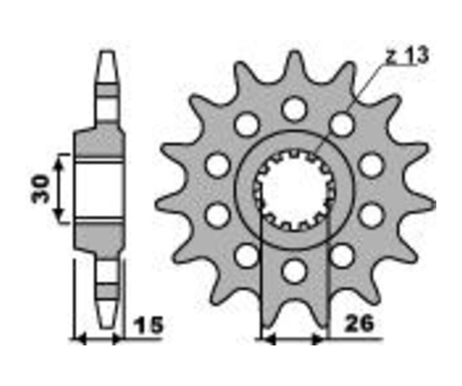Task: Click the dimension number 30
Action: (41, 188)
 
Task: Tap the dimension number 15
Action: (148, 325)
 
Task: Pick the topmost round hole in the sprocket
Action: (294, 108)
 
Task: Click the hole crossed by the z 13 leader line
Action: (342, 125)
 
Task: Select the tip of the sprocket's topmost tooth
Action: (294, 52)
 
